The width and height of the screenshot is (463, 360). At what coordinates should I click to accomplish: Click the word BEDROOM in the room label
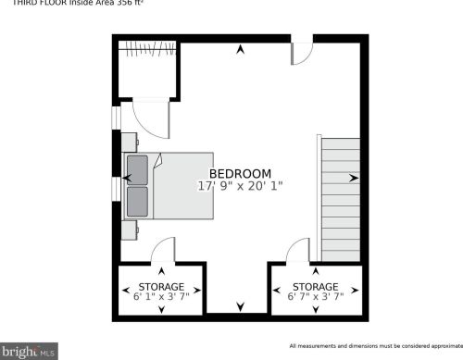pyautogui.click(x=240, y=173)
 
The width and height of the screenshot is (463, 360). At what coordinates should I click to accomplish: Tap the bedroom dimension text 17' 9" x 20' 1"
pyautogui.click(x=240, y=186)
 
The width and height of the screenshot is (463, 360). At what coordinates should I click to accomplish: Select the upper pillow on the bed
pyautogui.click(x=137, y=170)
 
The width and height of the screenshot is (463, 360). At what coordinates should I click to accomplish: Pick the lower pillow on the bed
pyautogui.click(x=137, y=198)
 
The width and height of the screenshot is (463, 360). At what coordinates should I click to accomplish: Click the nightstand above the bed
pyautogui.click(x=130, y=141)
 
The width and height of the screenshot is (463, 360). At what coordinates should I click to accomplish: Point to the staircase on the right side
pyautogui.click(x=339, y=199)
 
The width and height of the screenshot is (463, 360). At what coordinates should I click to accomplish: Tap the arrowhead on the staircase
pyautogui.click(x=354, y=178)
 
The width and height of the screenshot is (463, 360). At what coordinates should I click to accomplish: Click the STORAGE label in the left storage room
pyautogui.click(x=161, y=287)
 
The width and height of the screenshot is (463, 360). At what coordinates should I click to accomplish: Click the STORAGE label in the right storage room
pyautogui.click(x=315, y=287)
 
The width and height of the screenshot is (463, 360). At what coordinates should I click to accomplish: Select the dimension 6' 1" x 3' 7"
pyautogui.click(x=161, y=297)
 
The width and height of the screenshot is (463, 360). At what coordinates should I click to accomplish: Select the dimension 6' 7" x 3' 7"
pyautogui.click(x=315, y=297)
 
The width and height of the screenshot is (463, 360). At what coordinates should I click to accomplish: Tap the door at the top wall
pyautogui.click(x=301, y=53)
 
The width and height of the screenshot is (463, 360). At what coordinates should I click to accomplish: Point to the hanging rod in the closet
pyautogui.click(x=144, y=46)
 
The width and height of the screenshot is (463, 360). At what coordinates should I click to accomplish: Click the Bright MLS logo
pyautogui.click(x=30, y=352)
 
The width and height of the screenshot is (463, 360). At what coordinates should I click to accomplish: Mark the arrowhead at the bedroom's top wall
pyautogui.click(x=241, y=49)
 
